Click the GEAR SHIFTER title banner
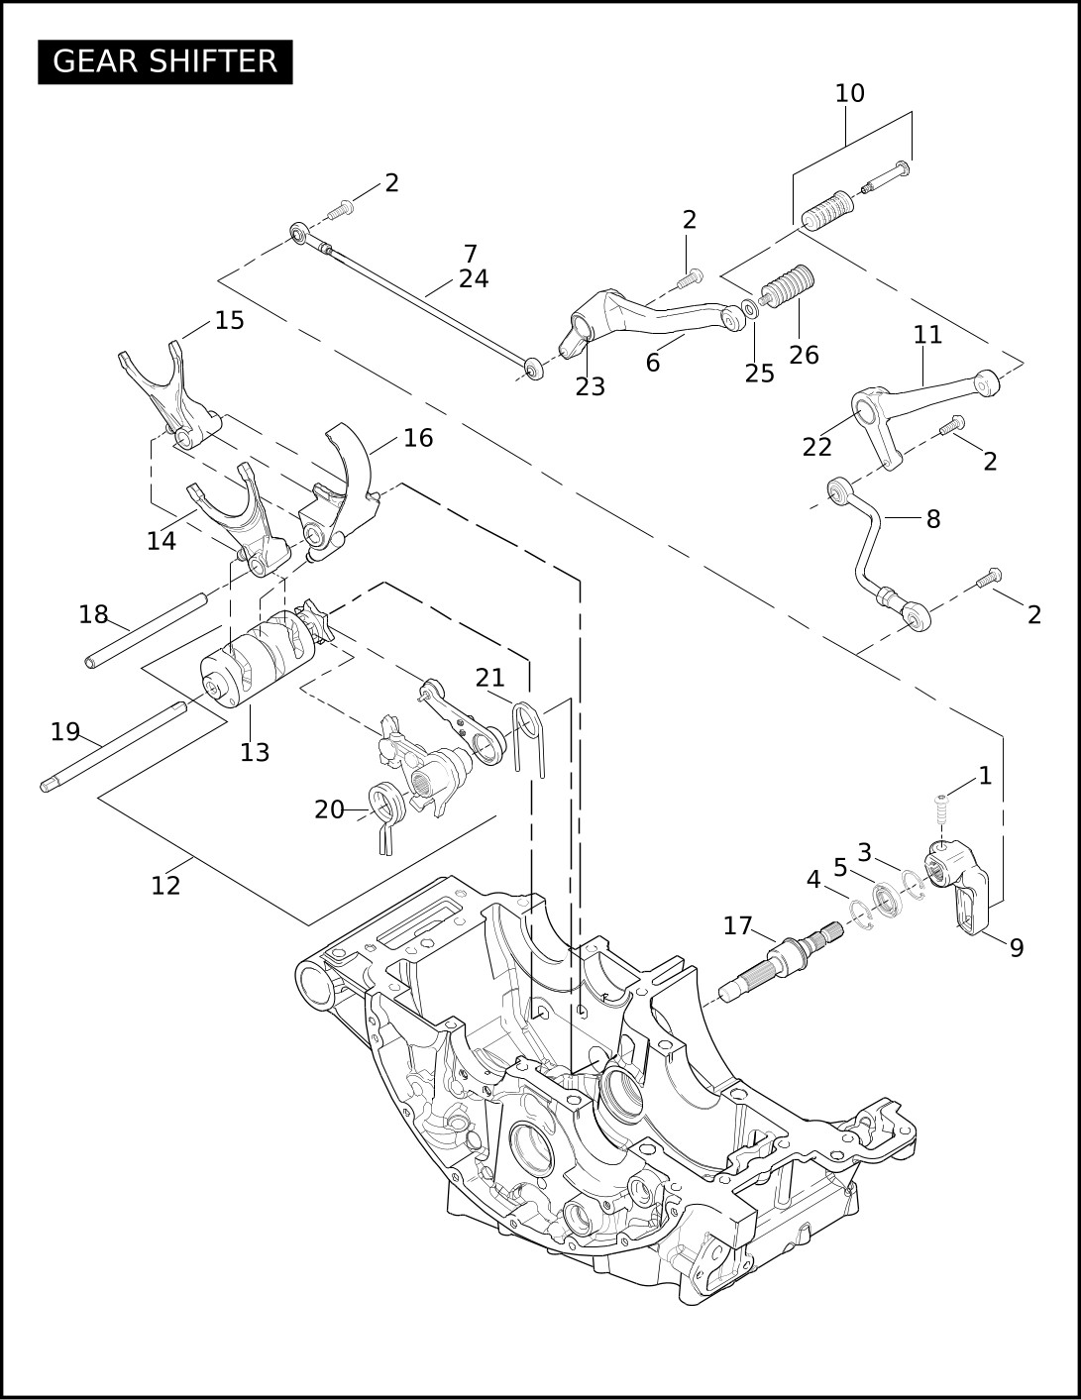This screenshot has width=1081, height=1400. (x=164, y=61)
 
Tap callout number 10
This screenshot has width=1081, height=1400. (x=850, y=93)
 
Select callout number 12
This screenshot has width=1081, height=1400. (x=165, y=886)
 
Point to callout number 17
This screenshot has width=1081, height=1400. (x=737, y=926)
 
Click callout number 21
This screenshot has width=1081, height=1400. (x=490, y=678)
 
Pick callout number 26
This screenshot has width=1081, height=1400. (x=804, y=355)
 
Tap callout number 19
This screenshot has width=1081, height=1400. (x=65, y=732)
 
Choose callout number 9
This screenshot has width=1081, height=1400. (x=1017, y=948)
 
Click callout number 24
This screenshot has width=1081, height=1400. (x=474, y=279)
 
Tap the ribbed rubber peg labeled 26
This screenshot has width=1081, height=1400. (x=788, y=285)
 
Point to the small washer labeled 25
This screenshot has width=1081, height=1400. (x=749, y=309)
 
